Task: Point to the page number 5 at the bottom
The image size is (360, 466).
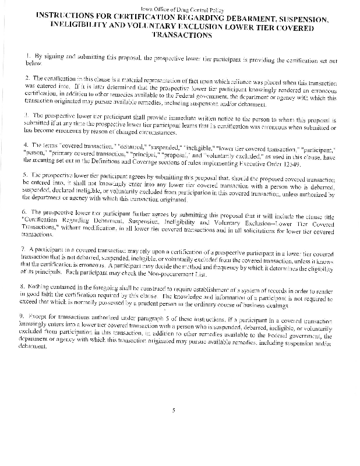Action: [x=174, y=411]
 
